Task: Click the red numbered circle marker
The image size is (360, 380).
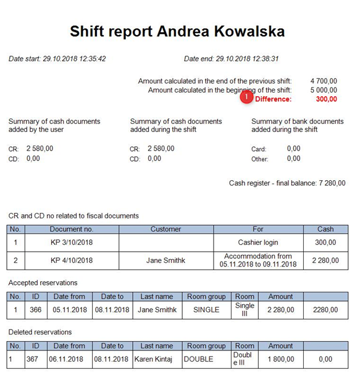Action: click(247, 97)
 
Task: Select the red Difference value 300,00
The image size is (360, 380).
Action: click(326, 99)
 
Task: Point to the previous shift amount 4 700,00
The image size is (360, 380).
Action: click(324, 81)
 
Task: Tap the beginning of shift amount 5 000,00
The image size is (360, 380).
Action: click(324, 90)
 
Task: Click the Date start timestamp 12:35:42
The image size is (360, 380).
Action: click(91, 59)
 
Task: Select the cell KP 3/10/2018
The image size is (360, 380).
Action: click(71, 243)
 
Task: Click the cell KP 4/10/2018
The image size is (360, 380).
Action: click(71, 260)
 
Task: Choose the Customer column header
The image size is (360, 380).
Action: click(165, 229)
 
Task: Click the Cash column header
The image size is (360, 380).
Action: click(325, 229)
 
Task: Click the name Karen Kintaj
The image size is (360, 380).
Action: click(156, 358)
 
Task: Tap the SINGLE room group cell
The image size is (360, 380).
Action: click(206, 310)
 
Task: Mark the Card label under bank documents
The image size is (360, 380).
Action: click(258, 149)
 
